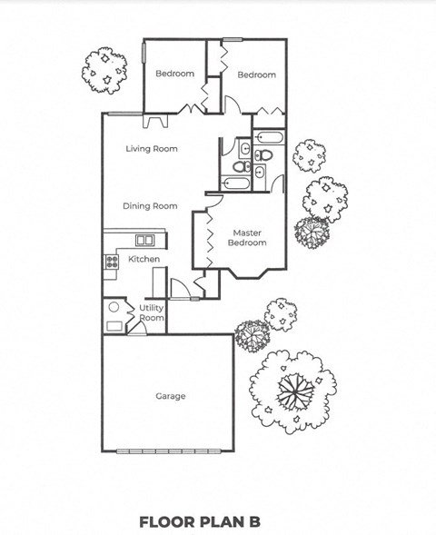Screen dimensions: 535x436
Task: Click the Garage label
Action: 170,396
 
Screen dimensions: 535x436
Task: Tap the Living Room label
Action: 152,149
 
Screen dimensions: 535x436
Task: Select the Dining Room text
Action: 150,206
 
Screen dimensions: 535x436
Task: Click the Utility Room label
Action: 152,313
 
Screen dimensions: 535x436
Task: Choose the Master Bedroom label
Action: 247,238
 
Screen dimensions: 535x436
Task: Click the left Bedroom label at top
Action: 173,74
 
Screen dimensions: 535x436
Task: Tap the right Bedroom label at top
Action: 256,74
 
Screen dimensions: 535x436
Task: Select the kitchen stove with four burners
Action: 112,262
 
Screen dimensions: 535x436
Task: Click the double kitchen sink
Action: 144,241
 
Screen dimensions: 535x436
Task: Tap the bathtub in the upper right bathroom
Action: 271,139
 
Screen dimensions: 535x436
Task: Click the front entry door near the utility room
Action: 182,289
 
